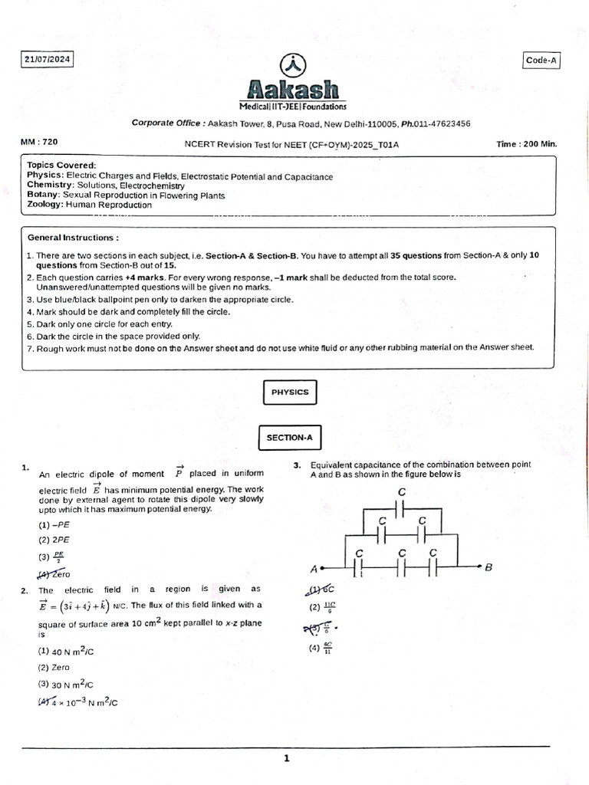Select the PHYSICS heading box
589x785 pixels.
289,392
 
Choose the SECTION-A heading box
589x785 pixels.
289,438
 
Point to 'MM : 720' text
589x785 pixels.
39,143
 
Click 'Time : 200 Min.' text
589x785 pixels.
527,143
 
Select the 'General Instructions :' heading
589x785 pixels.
73,238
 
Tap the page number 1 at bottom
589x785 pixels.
287,758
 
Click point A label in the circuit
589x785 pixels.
314,569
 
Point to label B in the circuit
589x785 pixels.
488,567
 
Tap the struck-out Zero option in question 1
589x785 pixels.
55,573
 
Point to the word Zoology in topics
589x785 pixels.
44,205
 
